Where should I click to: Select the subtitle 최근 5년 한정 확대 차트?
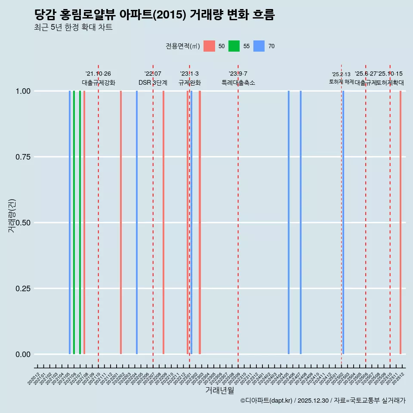[x=73, y=28]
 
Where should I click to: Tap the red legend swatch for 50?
[x=209, y=46]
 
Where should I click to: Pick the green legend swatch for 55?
[x=234, y=46]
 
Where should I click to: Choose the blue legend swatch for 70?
[x=259, y=46]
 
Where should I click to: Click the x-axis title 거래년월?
[x=220, y=390]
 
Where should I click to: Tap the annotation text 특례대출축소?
[x=238, y=83]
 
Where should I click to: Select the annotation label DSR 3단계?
[x=153, y=83]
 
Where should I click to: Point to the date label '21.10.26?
[x=98, y=74]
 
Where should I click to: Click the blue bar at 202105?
[x=70, y=222]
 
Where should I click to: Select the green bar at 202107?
[x=80, y=222]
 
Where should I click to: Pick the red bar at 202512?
[x=400, y=222]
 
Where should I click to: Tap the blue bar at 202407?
[x=301, y=222]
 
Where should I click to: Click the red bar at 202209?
[x=163, y=222]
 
